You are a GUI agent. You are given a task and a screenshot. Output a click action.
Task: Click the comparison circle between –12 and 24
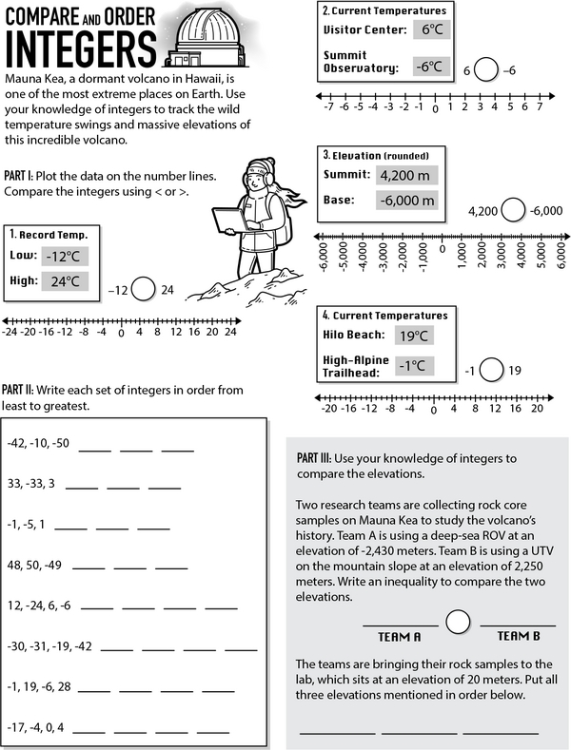pyautogui.click(x=143, y=289)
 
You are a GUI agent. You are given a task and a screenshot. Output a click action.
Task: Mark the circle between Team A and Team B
pyautogui.click(x=459, y=623)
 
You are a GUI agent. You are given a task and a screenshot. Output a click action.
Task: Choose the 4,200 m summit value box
pyautogui.click(x=405, y=175)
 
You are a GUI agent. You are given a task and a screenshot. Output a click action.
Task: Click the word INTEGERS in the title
pyautogui.click(x=80, y=44)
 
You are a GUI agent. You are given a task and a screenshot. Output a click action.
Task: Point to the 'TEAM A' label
pyautogui.click(x=399, y=636)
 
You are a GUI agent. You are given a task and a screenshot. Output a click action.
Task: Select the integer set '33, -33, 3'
pyautogui.click(x=31, y=483)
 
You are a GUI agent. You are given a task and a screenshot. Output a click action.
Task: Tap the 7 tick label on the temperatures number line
pyautogui.click(x=540, y=107)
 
